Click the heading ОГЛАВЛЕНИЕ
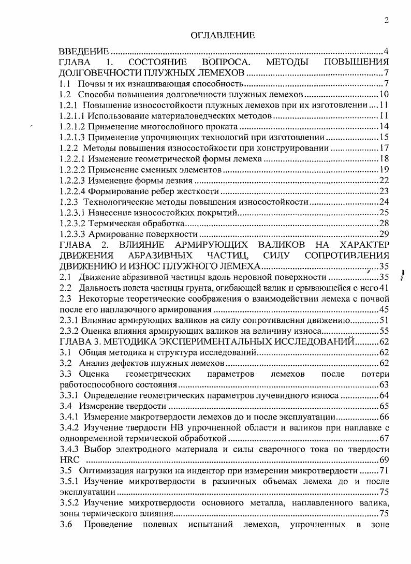[223, 35]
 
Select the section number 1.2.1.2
[72, 126]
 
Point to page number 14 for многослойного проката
[384, 126]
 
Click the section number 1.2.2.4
[72, 191]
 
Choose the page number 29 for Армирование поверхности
[384, 234]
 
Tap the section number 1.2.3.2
[72, 224]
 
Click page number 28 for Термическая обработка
[384, 224]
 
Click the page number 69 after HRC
[384, 459]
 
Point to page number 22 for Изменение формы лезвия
[384, 181]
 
